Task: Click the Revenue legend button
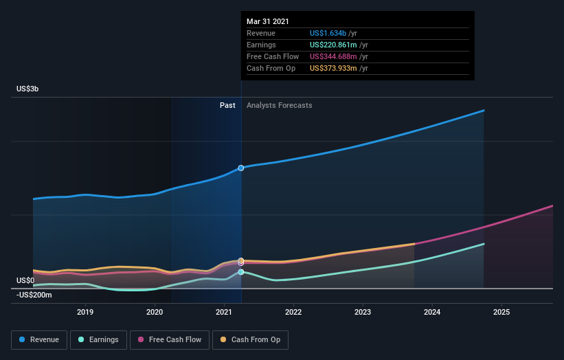39,339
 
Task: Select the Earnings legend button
98,339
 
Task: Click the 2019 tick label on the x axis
85,312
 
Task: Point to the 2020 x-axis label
155,312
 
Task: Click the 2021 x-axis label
224,312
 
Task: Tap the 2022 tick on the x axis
293,312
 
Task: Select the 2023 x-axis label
363,312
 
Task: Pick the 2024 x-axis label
432,312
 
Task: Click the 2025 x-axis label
501,312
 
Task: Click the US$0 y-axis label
25,280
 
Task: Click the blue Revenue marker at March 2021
241,168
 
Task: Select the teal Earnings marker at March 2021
241,272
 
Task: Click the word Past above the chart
227,105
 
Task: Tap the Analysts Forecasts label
279,105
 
